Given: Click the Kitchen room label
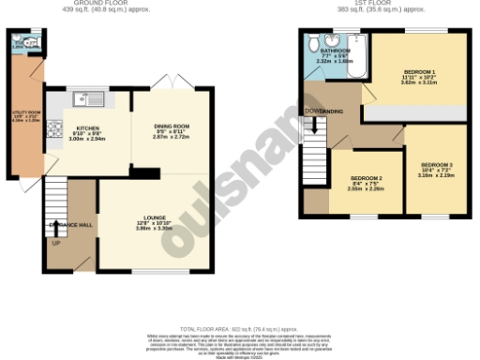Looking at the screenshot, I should (88, 129).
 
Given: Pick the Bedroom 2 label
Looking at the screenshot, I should (367, 178).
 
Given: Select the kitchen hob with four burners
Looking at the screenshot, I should (55, 128).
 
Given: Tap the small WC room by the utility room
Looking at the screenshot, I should (23, 43).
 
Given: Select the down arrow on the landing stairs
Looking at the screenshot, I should (314, 125).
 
